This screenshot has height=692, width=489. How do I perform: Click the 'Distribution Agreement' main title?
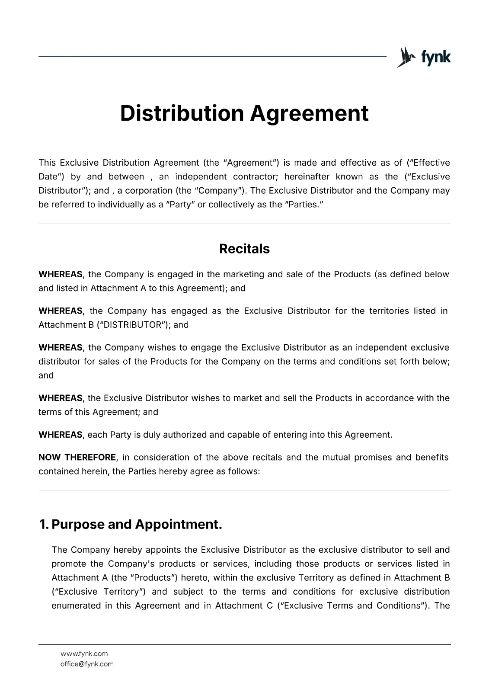(x=244, y=113)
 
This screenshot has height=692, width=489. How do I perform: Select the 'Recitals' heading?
(x=244, y=249)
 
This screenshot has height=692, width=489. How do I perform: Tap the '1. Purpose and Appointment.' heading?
(x=131, y=524)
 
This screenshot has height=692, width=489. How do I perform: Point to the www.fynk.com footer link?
(x=84, y=654)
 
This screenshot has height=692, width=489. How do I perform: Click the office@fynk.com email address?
(x=87, y=664)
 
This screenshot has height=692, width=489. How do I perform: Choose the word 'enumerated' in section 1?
(x=76, y=605)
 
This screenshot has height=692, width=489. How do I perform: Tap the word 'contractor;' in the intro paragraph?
(x=255, y=176)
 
